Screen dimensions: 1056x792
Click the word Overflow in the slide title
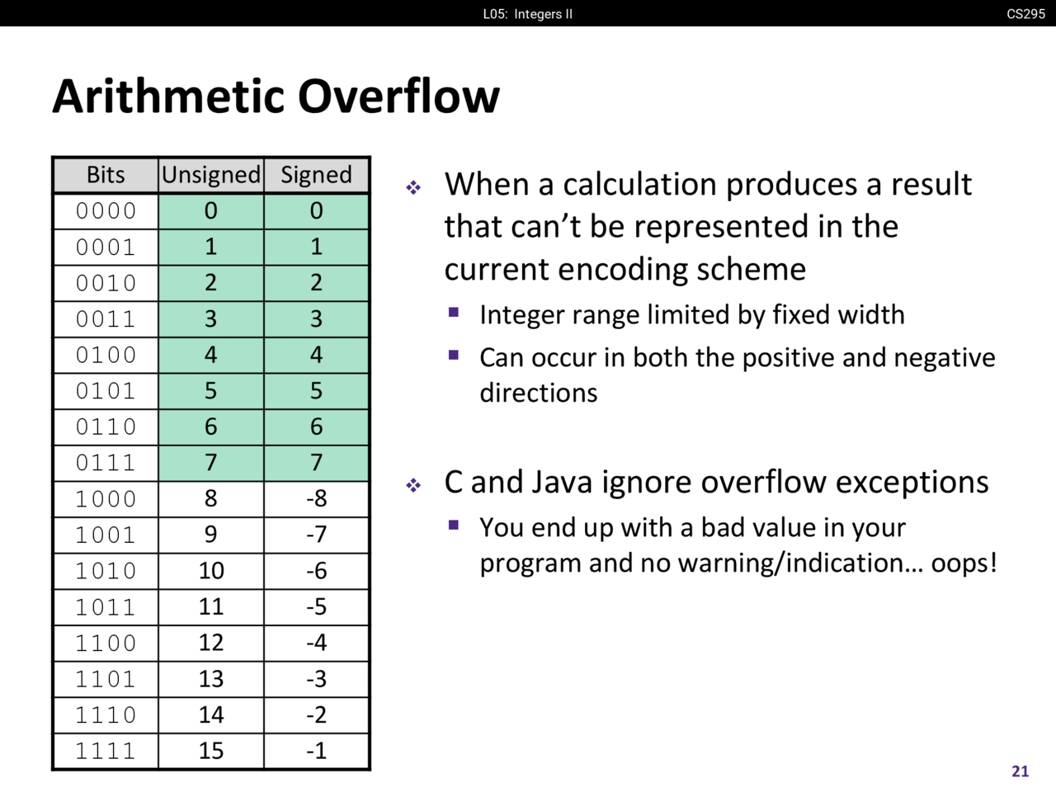pos(398,97)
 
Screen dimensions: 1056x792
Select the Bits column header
pos(106,175)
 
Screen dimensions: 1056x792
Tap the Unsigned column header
pos(210,175)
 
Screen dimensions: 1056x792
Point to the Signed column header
pos(316,175)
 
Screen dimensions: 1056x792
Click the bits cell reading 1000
pos(106,498)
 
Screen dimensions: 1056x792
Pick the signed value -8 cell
pos(316,498)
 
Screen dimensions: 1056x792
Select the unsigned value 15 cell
pos(210,751)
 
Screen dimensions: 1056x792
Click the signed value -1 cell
pos(316,751)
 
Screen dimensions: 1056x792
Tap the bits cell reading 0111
pos(106,463)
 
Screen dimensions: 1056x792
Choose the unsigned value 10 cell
pos(210,571)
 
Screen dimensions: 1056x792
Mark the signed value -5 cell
pos(316,607)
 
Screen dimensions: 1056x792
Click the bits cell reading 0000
pos(106,210)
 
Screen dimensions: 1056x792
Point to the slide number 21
pos(1020,771)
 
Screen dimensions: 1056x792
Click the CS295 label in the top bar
pos(1025,13)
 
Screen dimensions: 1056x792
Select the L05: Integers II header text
pos(528,14)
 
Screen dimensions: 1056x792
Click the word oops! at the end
pos(964,563)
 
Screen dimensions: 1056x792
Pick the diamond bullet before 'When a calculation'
pos(413,187)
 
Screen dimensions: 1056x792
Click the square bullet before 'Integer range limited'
pos(453,313)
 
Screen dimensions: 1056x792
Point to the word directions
pos(539,393)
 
